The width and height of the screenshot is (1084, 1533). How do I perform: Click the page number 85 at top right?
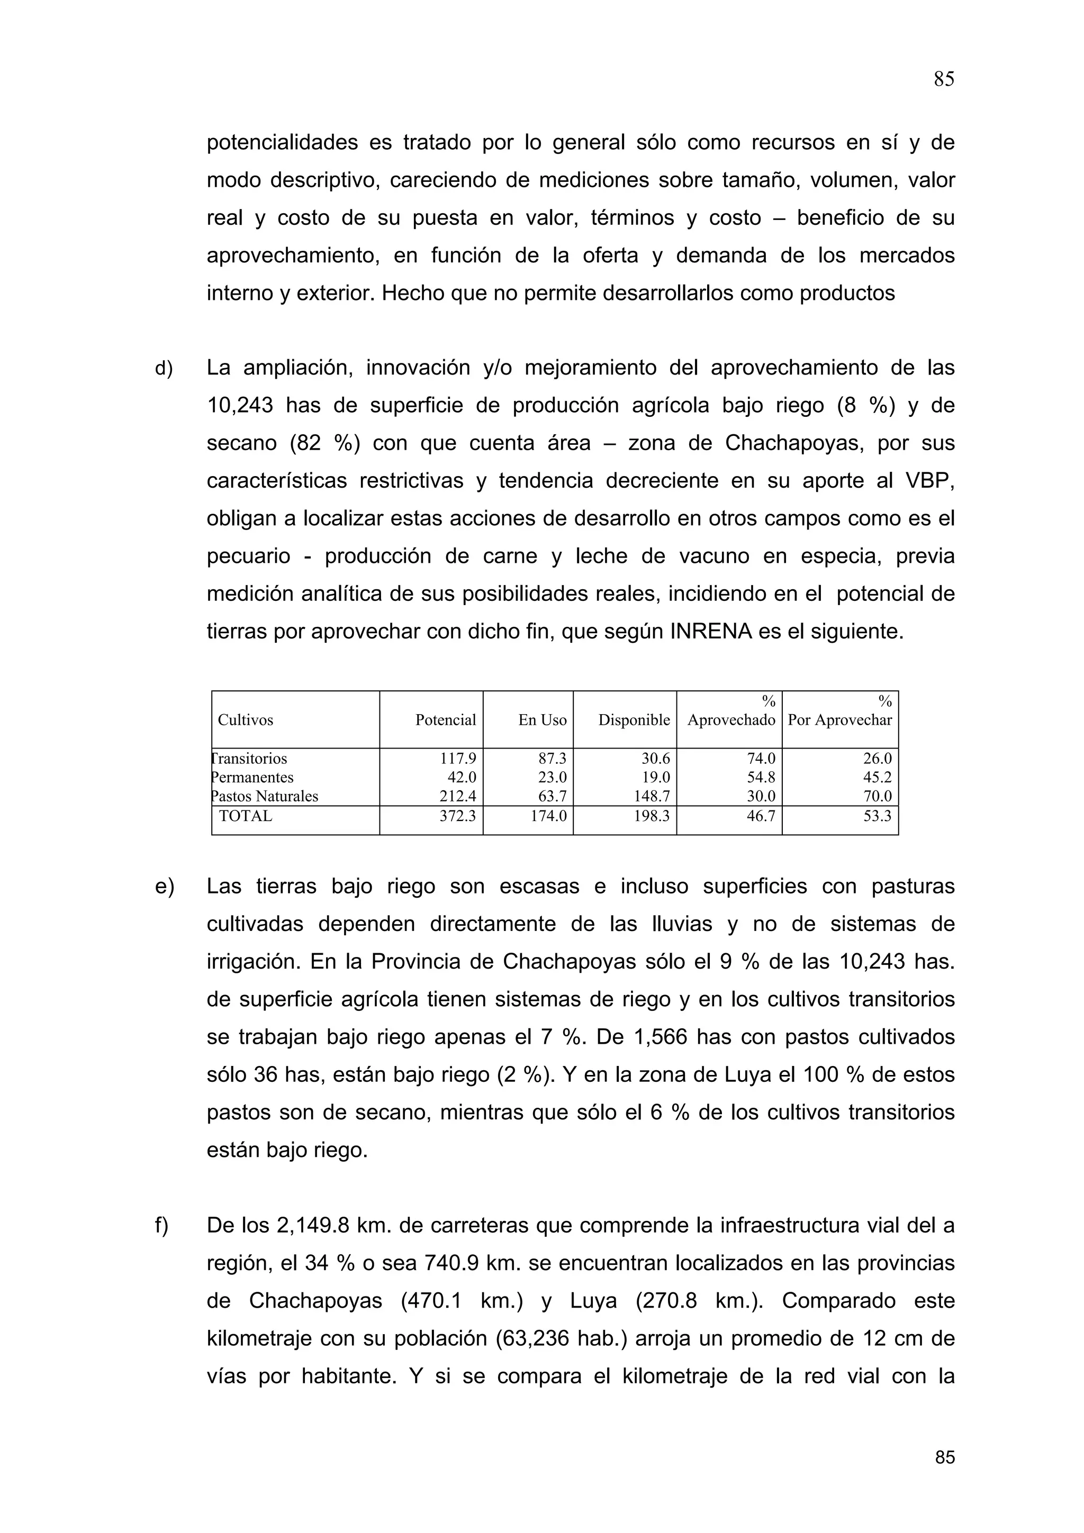coord(944,79)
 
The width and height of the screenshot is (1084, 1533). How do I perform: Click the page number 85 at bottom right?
coord(944,1457)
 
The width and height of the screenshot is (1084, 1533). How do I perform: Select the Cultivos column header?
coord(245,720)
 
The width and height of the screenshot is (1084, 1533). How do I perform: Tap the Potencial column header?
coord(446,720)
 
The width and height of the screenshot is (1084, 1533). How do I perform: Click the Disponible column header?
coord(634,720)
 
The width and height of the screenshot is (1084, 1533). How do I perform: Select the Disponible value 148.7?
coord(652,796)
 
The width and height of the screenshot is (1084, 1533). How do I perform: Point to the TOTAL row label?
coord(246,816)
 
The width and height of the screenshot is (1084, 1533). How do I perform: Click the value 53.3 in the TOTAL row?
coord(877,816)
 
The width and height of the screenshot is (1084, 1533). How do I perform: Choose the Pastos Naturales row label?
coord(265,796)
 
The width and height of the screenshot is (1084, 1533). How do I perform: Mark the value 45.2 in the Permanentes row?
coord(877,777)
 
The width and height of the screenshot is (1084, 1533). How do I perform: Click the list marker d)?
coord(164,368)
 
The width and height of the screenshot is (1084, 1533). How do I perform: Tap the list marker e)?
coord(164,887)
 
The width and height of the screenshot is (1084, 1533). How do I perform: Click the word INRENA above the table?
coord(711,632)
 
